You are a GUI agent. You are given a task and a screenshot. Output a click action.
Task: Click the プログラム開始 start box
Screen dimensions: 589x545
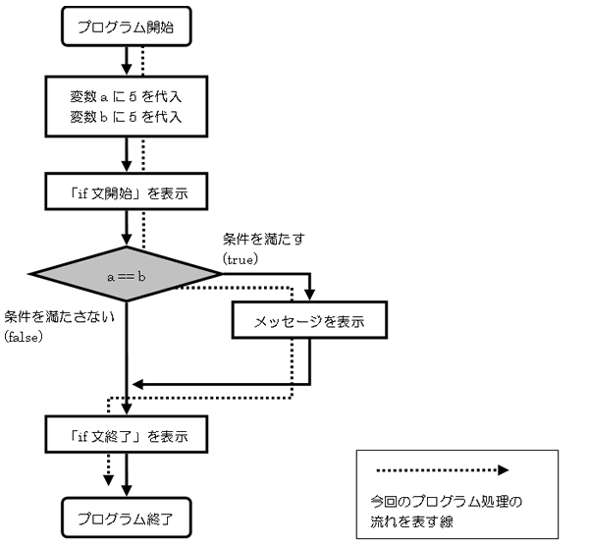tap(127, 27)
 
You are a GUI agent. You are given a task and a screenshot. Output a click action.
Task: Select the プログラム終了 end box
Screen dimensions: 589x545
tap(127, 518)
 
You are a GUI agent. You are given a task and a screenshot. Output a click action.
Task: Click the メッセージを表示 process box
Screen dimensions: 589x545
tap(309, 320)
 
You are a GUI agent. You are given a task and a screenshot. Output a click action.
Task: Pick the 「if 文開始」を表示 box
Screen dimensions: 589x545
tap(127, 191)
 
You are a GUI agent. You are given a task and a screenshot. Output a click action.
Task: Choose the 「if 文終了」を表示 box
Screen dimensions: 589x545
tap(127, 434)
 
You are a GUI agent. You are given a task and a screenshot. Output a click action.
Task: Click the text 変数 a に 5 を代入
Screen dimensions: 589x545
tap(126, 96)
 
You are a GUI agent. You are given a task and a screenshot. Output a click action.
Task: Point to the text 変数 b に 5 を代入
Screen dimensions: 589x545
tap(126, 117)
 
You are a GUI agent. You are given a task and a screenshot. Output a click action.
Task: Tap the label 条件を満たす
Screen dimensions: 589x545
tap(264, 239)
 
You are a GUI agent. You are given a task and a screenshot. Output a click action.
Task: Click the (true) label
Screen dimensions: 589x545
tap(241, 259)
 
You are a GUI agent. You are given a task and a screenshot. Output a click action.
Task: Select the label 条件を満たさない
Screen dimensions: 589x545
tap(59, 317)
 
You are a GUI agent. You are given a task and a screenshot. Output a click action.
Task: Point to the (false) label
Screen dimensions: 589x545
tap(24, 337)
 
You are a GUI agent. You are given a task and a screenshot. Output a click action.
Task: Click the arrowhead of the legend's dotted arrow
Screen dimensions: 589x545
tap(504, 470)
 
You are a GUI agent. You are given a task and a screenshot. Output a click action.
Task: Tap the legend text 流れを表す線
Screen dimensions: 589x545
tap(411, 521)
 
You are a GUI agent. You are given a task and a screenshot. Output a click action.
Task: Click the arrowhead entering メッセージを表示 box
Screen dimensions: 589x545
tap(309, 295)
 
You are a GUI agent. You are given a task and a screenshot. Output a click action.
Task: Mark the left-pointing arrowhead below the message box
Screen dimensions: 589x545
tap(137, 384)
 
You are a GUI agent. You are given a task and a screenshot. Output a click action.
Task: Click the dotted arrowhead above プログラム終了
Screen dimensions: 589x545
tap(109, 480)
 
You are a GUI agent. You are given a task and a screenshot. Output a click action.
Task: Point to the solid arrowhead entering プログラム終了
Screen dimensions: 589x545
tap(127, 491)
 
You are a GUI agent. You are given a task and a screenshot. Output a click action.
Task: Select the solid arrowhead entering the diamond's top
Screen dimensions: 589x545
tap(127, 241)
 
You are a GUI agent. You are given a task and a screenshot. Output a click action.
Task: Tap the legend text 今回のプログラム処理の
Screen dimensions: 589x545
tap(447, 502)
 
